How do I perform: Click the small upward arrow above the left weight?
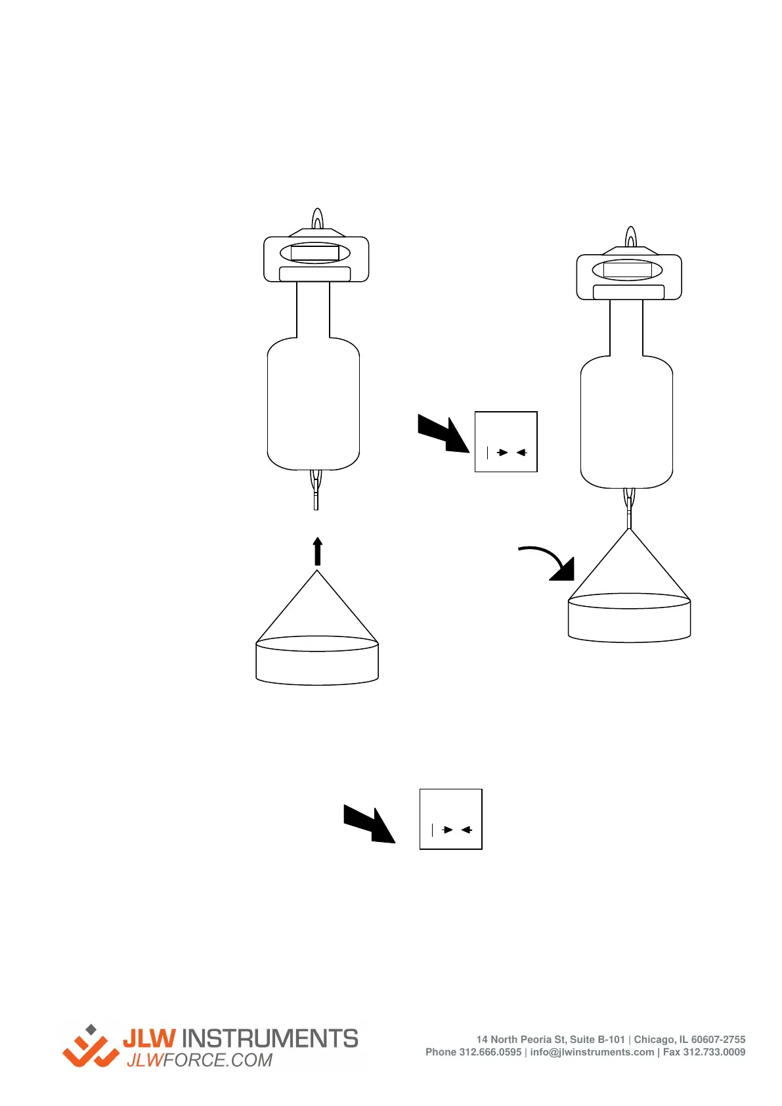tap(318, 551)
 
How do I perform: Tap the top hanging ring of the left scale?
tap(317, 219)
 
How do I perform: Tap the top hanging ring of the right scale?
tap(630, 236)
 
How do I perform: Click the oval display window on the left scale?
tap(315, 253)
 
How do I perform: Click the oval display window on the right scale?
tap(628, 270)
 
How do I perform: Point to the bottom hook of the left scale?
tap(316, 490)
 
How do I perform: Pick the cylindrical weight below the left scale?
tap(317, 660)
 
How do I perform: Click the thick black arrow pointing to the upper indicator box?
tap(444, 433)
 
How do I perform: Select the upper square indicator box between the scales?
tap(506, 442)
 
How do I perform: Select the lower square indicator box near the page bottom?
tap(451, 819)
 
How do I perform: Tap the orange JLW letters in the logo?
tap(150, 1038)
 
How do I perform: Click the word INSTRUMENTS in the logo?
tap(269, 1038)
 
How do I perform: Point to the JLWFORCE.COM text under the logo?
tap(200, 1061)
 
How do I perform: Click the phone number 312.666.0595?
tap(490, 1052)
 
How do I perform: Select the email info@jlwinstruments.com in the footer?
tap(592, 1052)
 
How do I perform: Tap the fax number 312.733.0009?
tap(714, 1052)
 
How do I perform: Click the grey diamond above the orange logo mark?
tap(91, 1029)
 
